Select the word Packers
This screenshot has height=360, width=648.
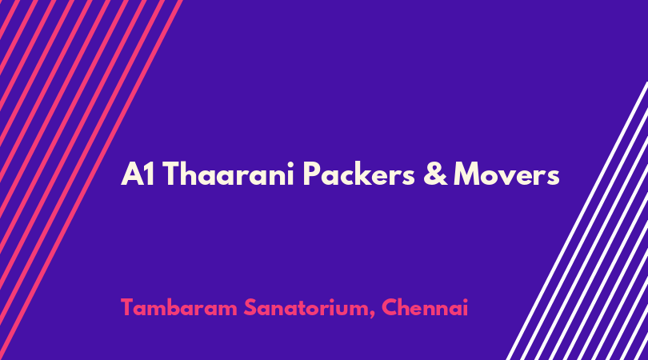[x=358, y=174]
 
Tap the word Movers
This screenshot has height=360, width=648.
[x=506, y=174]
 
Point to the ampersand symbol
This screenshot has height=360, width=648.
[x=435, y=174]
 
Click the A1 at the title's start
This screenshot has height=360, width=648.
[x=138, y=174]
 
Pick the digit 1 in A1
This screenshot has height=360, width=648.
[x=150, y=174]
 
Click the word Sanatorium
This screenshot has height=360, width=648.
[x=308, y=307]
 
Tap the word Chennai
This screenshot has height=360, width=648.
[x=425, y=307]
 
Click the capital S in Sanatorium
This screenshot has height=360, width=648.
[x=251, y=307]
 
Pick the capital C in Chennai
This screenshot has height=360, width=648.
[x=390, y=307]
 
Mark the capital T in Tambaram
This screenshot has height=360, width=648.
[x=129, y=307]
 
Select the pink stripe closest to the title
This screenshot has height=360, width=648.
[x=90, y=180]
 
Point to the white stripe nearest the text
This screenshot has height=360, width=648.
[x=577, y=221]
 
